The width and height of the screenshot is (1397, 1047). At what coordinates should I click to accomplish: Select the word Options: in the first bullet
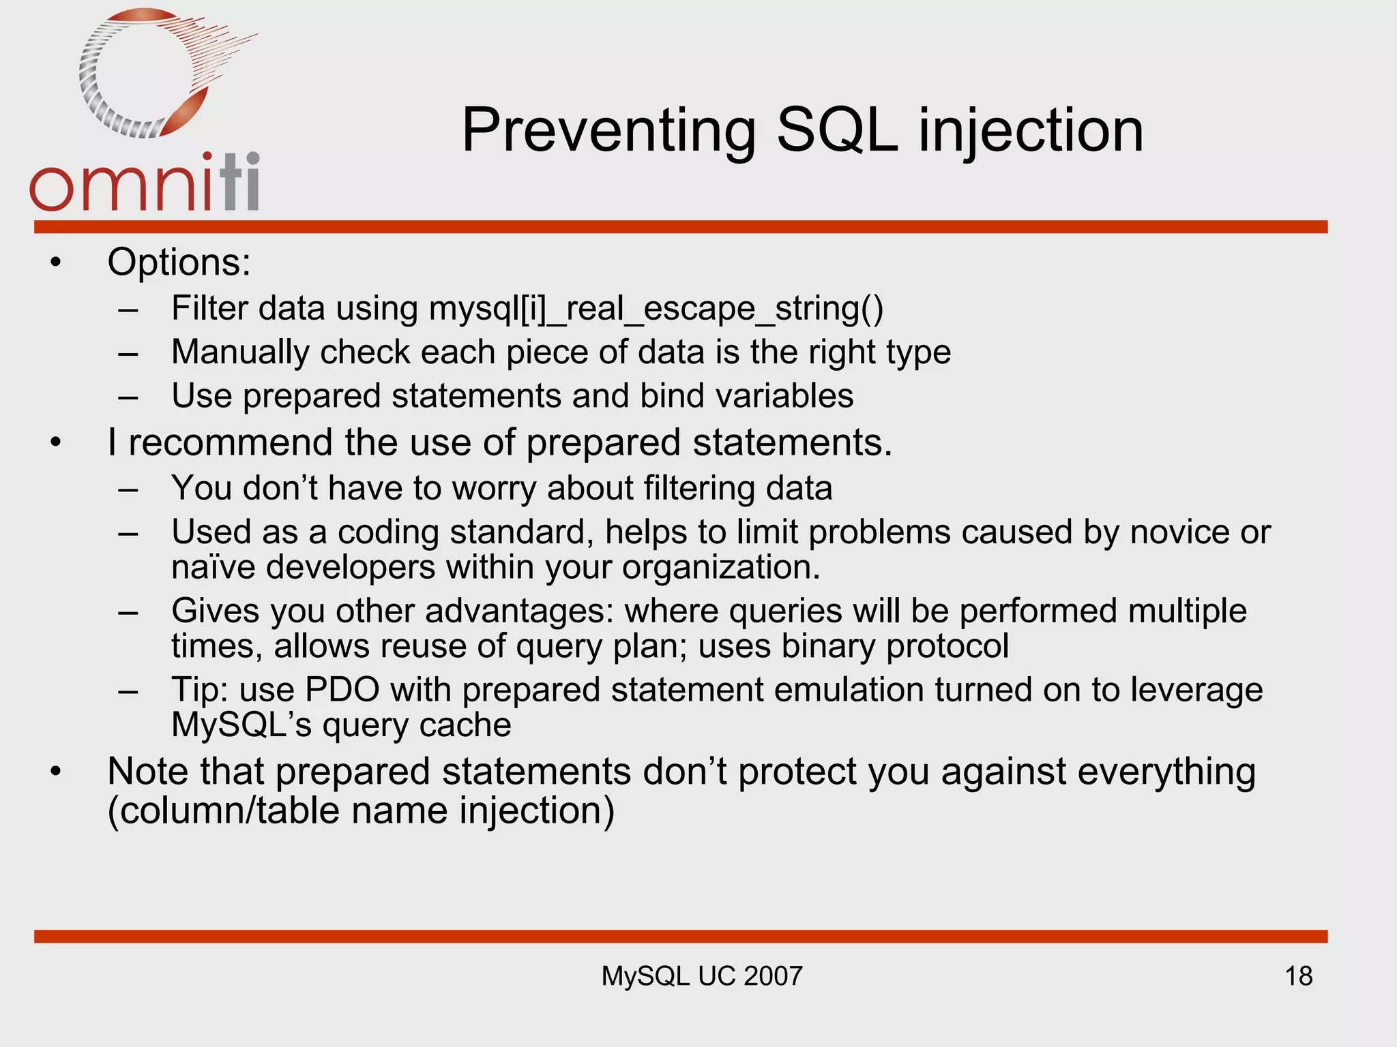(x=179, y=262)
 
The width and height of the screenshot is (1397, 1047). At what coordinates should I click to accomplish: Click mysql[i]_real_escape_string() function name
(x=656, y=309)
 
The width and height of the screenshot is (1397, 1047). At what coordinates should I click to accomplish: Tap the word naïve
(x=213, y=567)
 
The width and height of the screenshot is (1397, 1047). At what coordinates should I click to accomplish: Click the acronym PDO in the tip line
(x=342, y=690)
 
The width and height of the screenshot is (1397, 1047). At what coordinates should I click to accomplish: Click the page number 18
(x=1298, y=976)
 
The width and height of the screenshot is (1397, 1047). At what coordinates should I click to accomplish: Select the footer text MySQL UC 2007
(x=701, y=976)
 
